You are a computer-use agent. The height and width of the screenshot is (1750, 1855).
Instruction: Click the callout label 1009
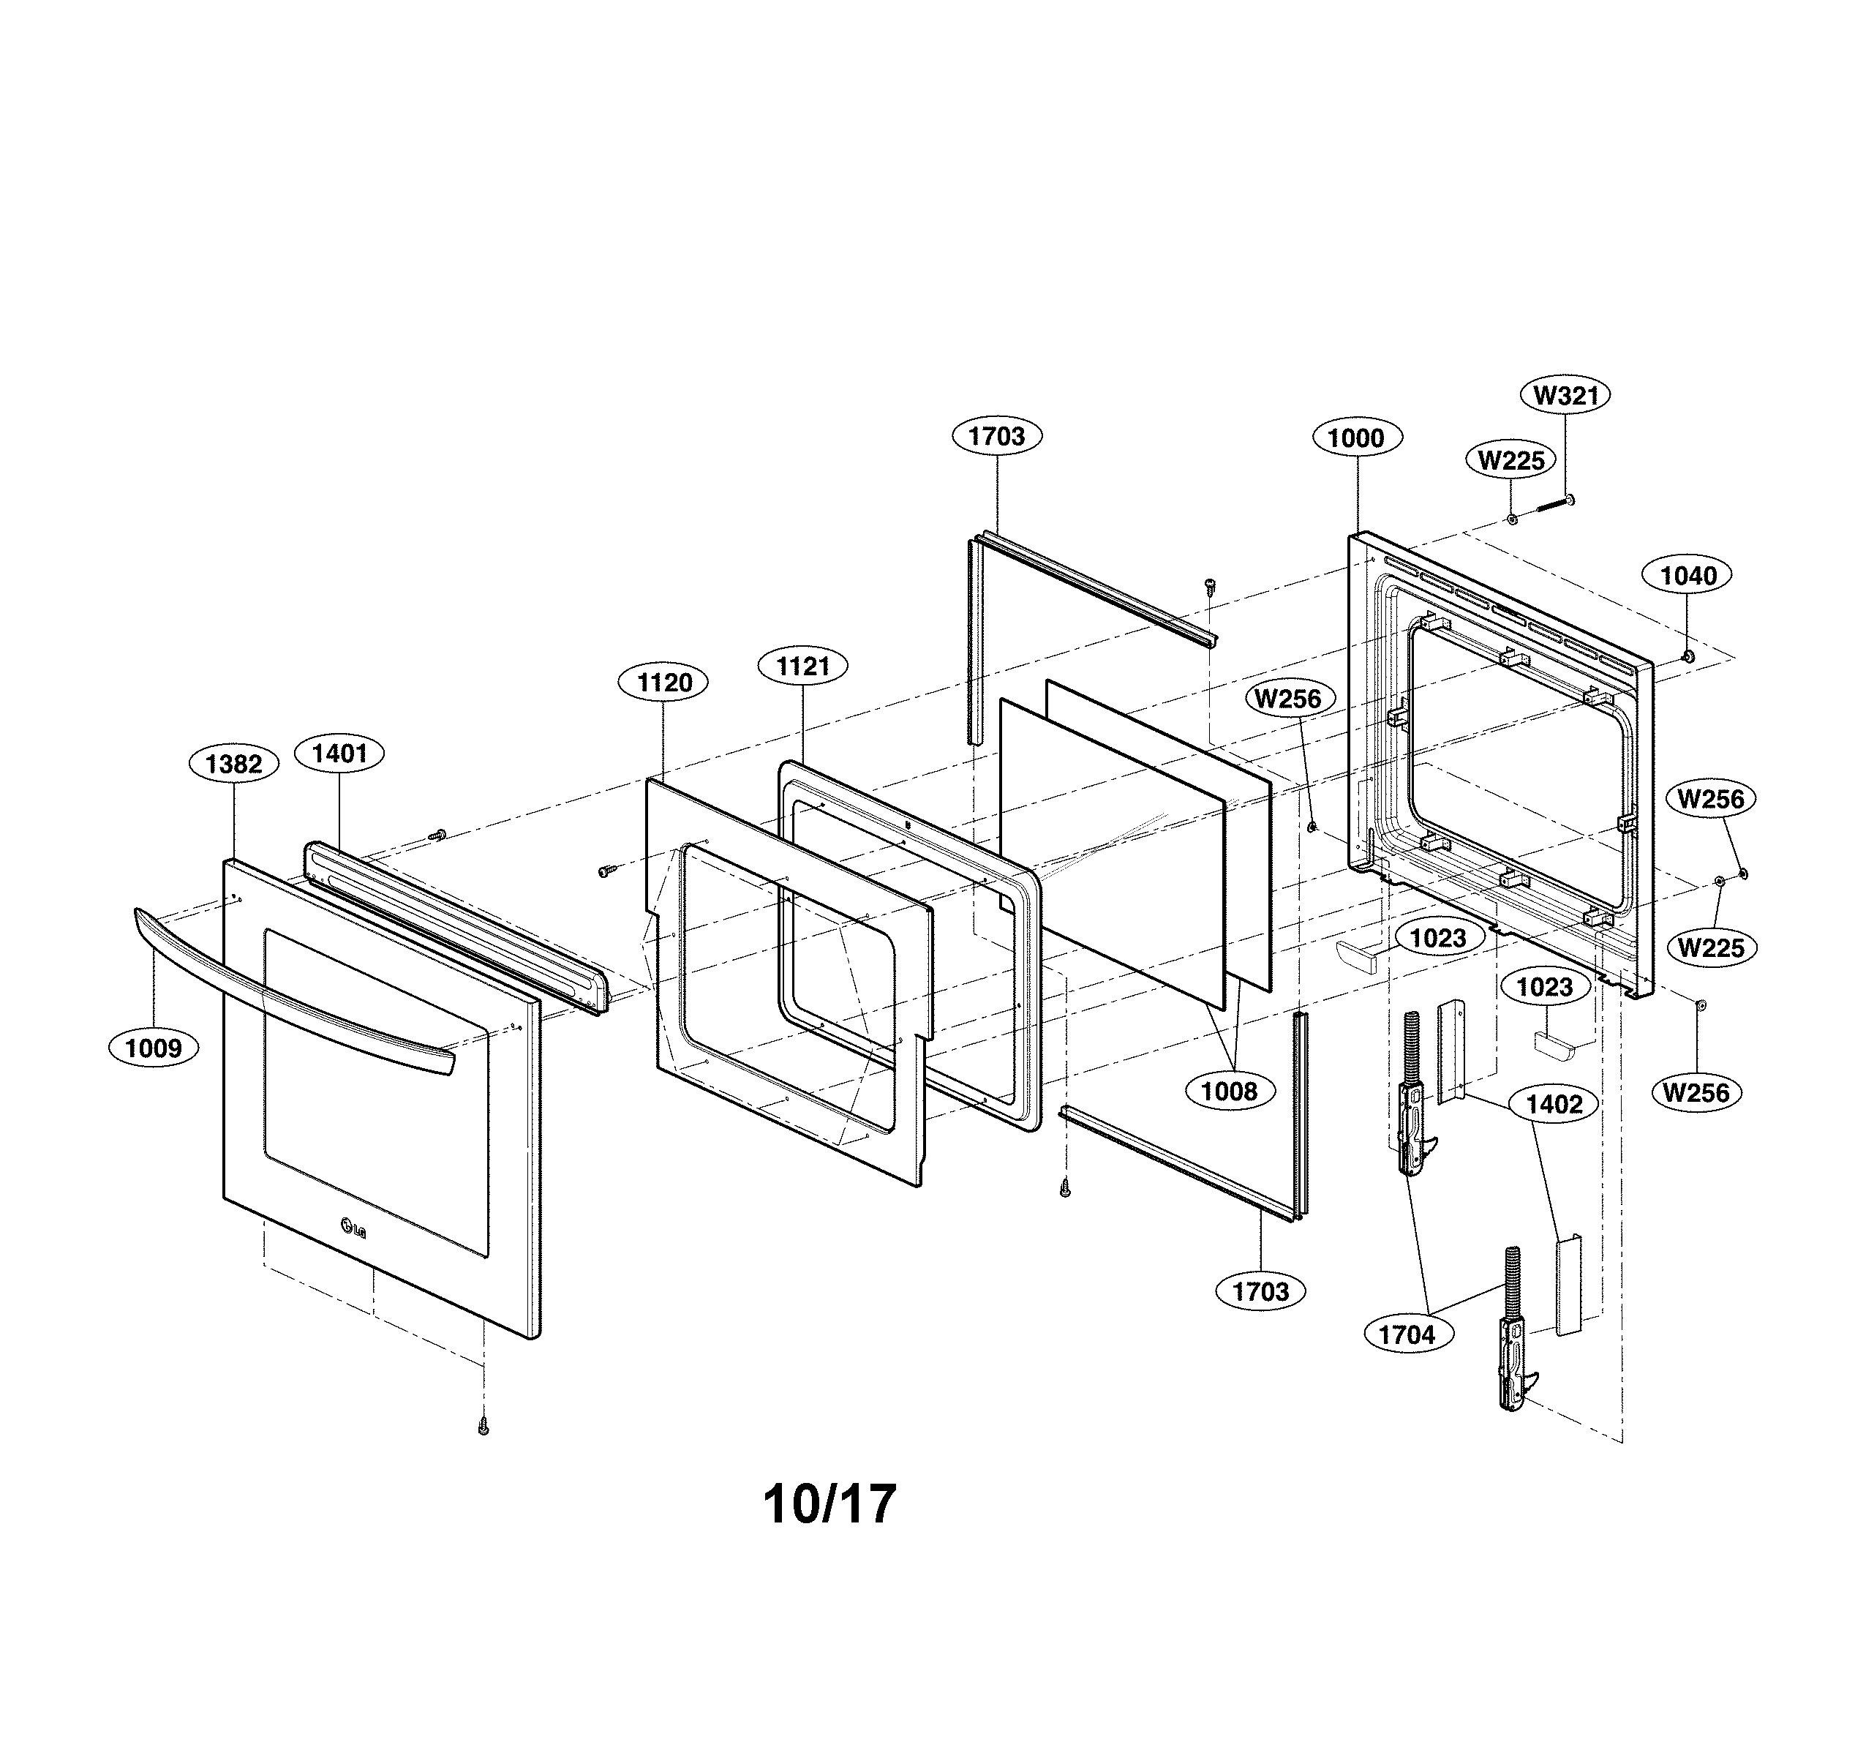click(154, 1048)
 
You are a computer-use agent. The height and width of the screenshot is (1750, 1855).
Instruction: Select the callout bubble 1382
click(233, 765)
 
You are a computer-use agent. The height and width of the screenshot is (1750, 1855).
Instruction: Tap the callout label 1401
click(339, 754)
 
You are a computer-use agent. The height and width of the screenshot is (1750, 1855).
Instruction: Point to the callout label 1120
click(663, 683)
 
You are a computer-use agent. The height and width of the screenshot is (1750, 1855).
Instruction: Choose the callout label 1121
click(802, 666)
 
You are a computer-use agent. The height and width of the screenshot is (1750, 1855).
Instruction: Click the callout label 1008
click(1229, 1091)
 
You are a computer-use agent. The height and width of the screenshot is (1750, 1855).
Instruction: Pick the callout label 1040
click(1688, 576)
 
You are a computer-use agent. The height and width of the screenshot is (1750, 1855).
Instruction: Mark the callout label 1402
click(1554, 1104)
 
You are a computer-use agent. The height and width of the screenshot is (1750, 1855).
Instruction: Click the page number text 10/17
click(829, 1503)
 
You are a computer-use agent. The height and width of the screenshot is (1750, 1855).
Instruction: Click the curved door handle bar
click(289, 992)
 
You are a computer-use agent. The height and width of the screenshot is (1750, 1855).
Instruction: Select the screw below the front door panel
click(483, 1426)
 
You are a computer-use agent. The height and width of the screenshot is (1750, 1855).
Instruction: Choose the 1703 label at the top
click(996, 436)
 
